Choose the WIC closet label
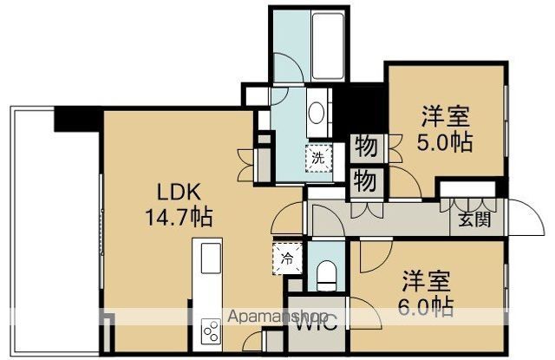pyautogui.click(x=308, y=329)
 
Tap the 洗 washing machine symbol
pyautogui.click(x=319, y=158)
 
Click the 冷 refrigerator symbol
pyautogui.click(x=287, y=258)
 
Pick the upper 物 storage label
pyautogui.click(x=365, y=147)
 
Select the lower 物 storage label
pyautogui.click(x=365, y=181)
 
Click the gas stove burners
pyautogui.click(x=211, y=330)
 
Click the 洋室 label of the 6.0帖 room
pyautogui.click(x=426, y=280)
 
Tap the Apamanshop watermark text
pyautogui.click(x=277, y=317)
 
